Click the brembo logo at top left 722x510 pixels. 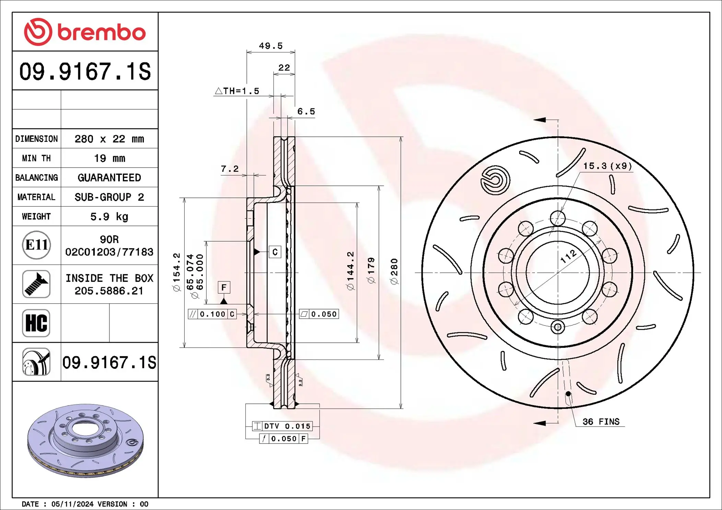pyautogui.click(x=85, y=32)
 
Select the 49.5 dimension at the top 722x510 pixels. pyautogui.click(x=270, y=46)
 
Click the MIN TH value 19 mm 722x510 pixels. pyautogui.click(x=109, y=158)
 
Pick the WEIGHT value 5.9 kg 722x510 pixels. pyautogui.click(x=109, y=217)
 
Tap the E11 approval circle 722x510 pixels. pyautogui.click(x=36, y=245)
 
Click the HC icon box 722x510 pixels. pyautogui.click(x=36, y=323)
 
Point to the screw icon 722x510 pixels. pyautogui.click(x=36, y=284)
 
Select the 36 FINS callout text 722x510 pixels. pyautogui.click(x=601, y=422)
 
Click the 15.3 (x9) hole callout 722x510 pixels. pyautogui.click(x=607, y=166)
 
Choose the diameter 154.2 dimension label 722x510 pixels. pyautogui.click(x=176, y=272)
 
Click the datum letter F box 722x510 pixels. pyautogui.click(x=224, y=287)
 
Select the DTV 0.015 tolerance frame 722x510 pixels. pyautogui.click(x=282, y=426)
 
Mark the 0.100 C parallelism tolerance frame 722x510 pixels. pyautogui.click(x=212, y=314)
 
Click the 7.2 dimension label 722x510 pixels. pyautogui.click(x=230, y=169)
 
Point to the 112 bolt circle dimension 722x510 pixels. pyautogui.click(x=568, y=256)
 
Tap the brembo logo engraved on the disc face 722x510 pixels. pyautogui.click(x=495, y=180)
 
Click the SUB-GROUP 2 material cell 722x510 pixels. pyautogui.click(x=109, y=197)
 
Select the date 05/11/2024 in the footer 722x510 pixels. pyautogui.click(x=72, y=504)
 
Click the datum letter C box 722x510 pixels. pyautogui.click(x=275, y=252)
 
